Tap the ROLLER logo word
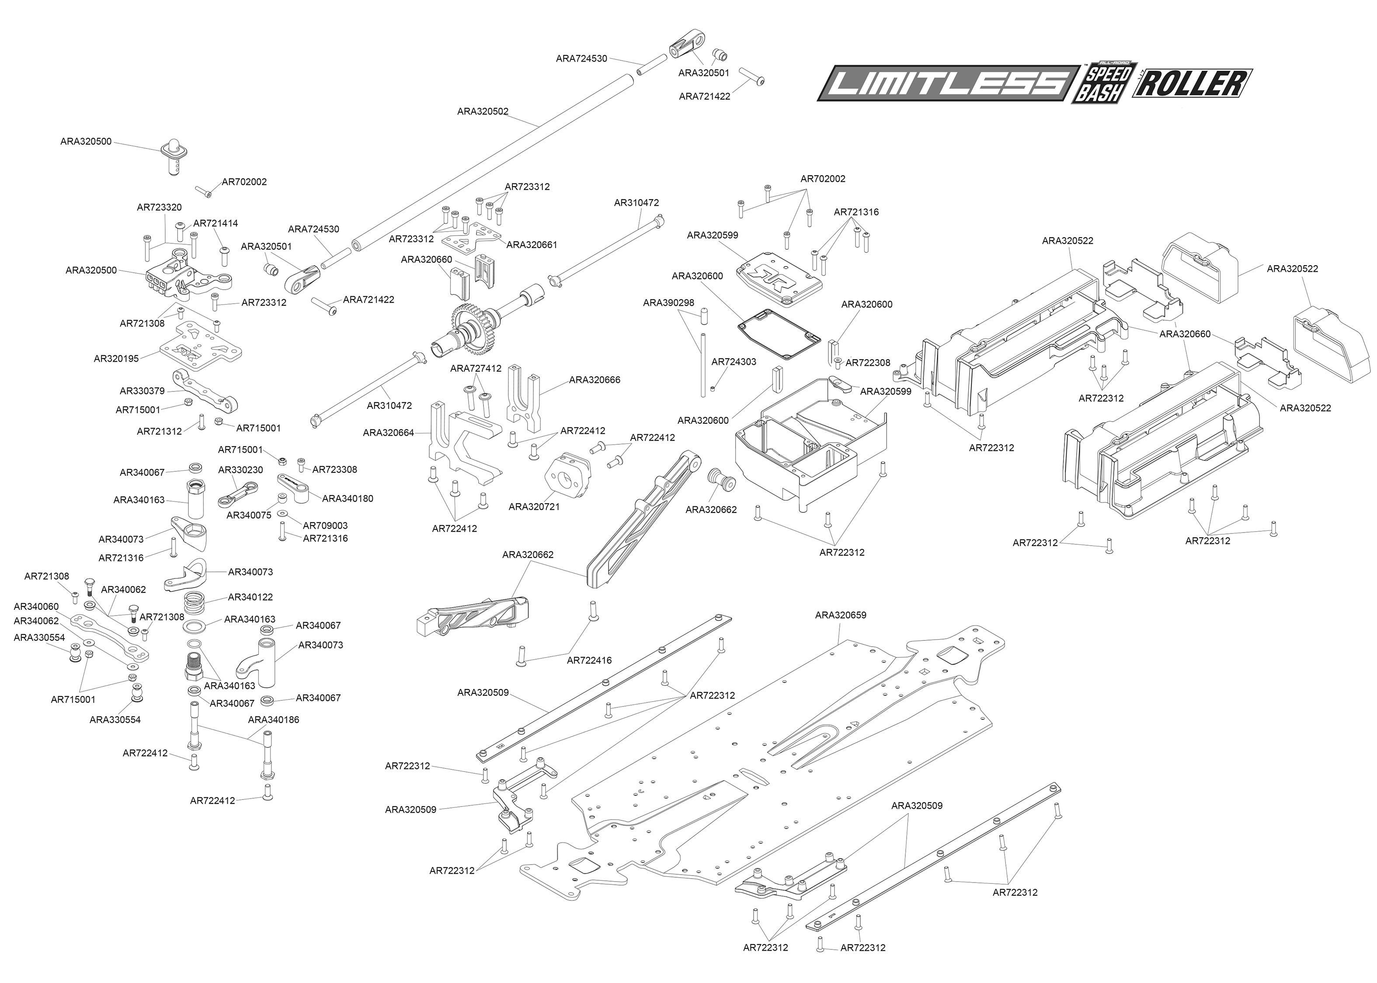tap(1192, 83)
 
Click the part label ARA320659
tap(841, 615)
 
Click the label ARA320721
tap(534, 507)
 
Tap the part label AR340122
tap(250, 597)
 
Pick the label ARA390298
tap(668, 303)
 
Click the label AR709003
tap(325, 526)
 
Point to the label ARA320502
tap(483, 111)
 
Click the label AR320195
tap(116, 358)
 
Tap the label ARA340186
tap(274, 720)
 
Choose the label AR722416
tap(589, 661)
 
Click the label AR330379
tap(143, 391)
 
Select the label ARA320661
tap(532, 245)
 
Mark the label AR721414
tap(216, 223)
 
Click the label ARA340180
tap(348, 499)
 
